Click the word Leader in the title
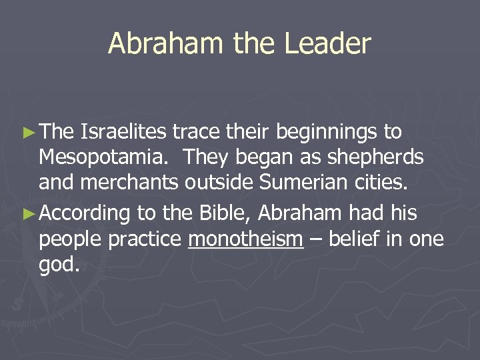click(x=327, y=44)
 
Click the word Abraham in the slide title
click(x=165, y=44)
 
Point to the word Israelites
click(x=123, y=132)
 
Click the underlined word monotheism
click(x=246, y=239)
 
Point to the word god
click(x=59, y=265)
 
